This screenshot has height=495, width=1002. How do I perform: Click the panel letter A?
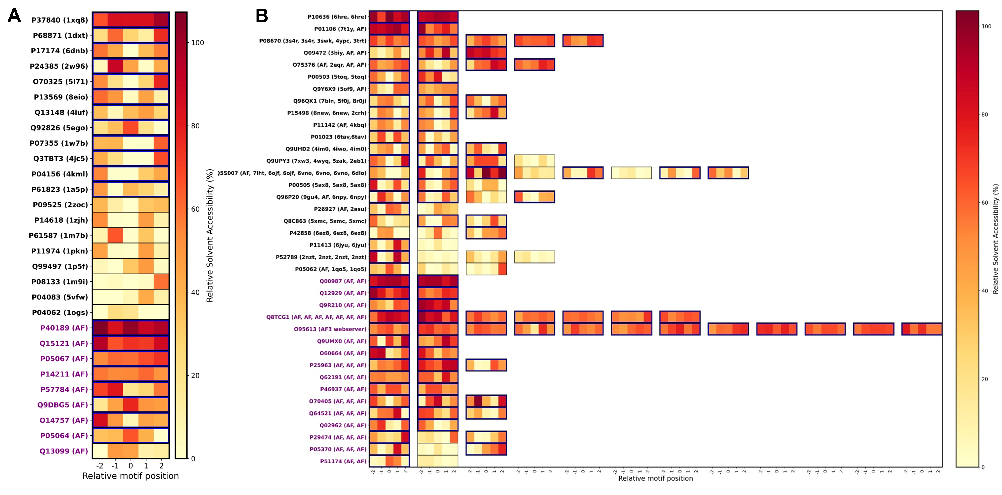tap(14, 16)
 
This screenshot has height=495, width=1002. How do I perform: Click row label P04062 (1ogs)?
tap(60, 313)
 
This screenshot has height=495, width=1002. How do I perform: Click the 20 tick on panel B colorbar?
tap(984, 379)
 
